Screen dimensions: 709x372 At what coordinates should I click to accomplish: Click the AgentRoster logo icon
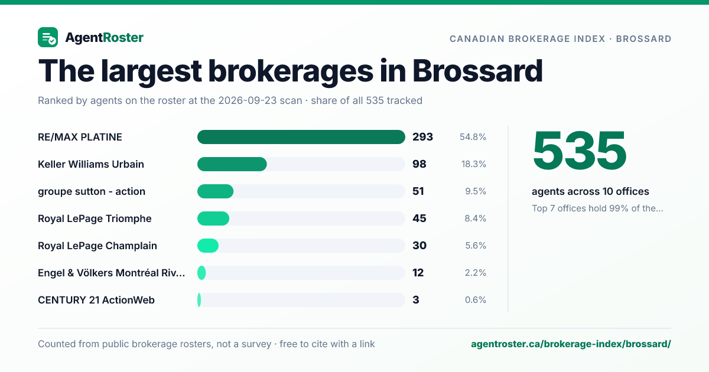coord(48,37)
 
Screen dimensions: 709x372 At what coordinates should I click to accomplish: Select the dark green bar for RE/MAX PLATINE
coord(301,137)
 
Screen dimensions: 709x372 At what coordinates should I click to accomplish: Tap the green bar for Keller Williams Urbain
coord(232,164)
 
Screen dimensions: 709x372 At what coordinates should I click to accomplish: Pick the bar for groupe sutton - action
coord(215,191)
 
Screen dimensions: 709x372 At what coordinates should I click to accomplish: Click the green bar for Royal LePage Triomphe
coord(213,218)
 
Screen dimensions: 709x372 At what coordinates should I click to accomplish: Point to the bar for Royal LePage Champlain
coord(207,246)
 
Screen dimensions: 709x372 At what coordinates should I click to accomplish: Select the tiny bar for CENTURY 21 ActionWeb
coord(199,300)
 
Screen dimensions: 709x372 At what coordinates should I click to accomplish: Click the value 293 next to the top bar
coord(422,137)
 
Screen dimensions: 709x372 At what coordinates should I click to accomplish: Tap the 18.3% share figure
coord(473,164)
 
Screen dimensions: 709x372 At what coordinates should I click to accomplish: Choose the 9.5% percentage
coord(476,191)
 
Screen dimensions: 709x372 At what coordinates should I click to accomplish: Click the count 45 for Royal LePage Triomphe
coord(419,218)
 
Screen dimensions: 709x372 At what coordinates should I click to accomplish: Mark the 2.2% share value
coord(476,273)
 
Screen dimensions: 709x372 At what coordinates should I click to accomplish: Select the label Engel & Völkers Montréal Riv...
coord(112,273)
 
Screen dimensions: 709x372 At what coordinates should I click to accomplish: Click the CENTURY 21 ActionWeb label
coord(96,300)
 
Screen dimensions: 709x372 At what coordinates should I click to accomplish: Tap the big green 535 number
coord(579,151)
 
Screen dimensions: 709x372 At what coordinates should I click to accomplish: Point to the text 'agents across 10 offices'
coord(590,191)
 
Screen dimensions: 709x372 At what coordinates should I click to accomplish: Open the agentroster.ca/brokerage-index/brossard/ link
coord(571,344)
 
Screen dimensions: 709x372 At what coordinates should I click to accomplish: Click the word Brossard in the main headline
coord(477,71)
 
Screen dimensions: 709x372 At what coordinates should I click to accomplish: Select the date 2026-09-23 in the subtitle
coord(260,100)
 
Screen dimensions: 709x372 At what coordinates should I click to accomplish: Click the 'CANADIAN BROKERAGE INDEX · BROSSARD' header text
coord(561,38)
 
